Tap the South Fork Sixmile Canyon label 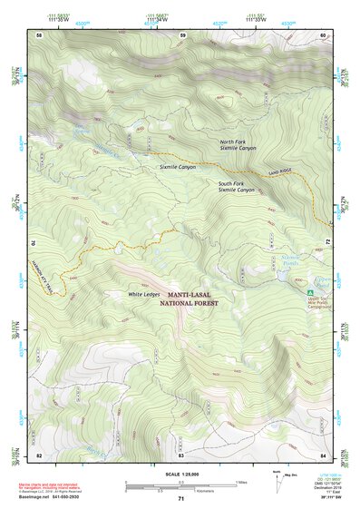[237, 187]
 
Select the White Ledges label [144, 294]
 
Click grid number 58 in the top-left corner [39, 34]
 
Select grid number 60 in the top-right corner [323, 34]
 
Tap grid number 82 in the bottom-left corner [39, 455]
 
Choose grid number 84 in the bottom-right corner [323, 455]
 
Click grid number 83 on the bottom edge [181, 455]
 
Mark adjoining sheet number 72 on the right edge [327, 241]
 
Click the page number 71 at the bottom [181, 499]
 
